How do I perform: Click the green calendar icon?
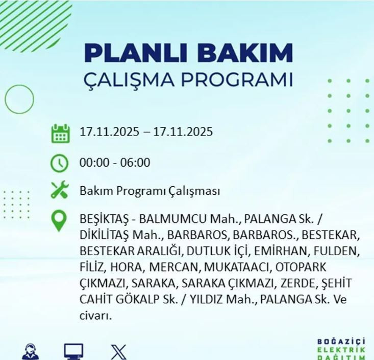pos(60,133)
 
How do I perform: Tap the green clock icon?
pos(60,163)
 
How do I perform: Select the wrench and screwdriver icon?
pos(60,191)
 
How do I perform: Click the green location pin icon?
pos(60,221)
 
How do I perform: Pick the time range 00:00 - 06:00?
pos(115,163)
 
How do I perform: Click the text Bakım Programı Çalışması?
pos(149,191)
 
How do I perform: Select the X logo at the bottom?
pos(118,352)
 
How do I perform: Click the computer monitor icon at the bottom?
pos(73,352)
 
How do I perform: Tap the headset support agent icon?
pos(30,352)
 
